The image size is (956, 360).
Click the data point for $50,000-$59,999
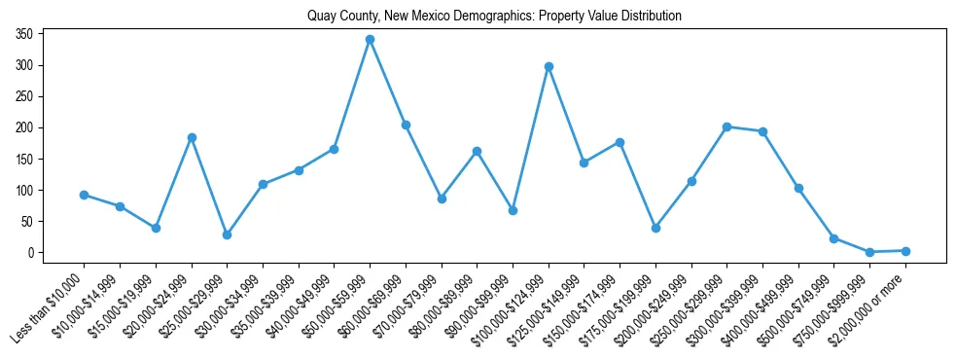tap(370, 40)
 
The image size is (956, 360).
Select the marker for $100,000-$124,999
tap(549, 67)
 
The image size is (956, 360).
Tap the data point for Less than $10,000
tap(85, 195)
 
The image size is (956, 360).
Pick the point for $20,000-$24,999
tap(192, 138)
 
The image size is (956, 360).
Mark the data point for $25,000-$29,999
tap(227, 234)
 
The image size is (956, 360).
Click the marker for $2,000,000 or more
tap(905, 251)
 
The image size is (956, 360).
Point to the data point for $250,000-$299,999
tap(726, 126)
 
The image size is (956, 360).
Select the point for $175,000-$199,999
tap(655, 228)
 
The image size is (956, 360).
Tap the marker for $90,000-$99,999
tap(513, 210)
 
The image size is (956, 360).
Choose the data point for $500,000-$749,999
tap(833, 238)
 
